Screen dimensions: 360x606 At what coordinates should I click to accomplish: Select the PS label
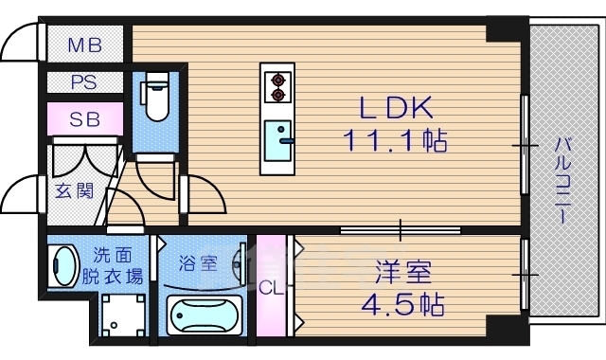(x=84, y=82)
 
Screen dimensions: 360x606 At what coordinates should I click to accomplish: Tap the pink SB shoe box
(x=84, y=119)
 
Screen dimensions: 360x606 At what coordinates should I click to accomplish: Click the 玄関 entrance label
(x=74, y=191)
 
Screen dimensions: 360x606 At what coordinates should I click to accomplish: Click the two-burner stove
(x=278, y=87)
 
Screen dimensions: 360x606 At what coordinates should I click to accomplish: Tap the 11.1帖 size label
(x=395, y=142)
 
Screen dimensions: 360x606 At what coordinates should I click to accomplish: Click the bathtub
(x=204, y=314)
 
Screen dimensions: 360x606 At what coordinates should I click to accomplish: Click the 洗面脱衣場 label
(x=119, y=265)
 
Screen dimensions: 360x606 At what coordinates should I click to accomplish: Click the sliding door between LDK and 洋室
(x=401, y=228)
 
